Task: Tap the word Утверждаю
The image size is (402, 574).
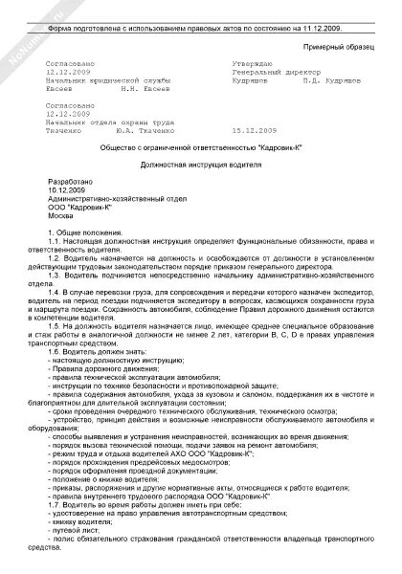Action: pos(235,63)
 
